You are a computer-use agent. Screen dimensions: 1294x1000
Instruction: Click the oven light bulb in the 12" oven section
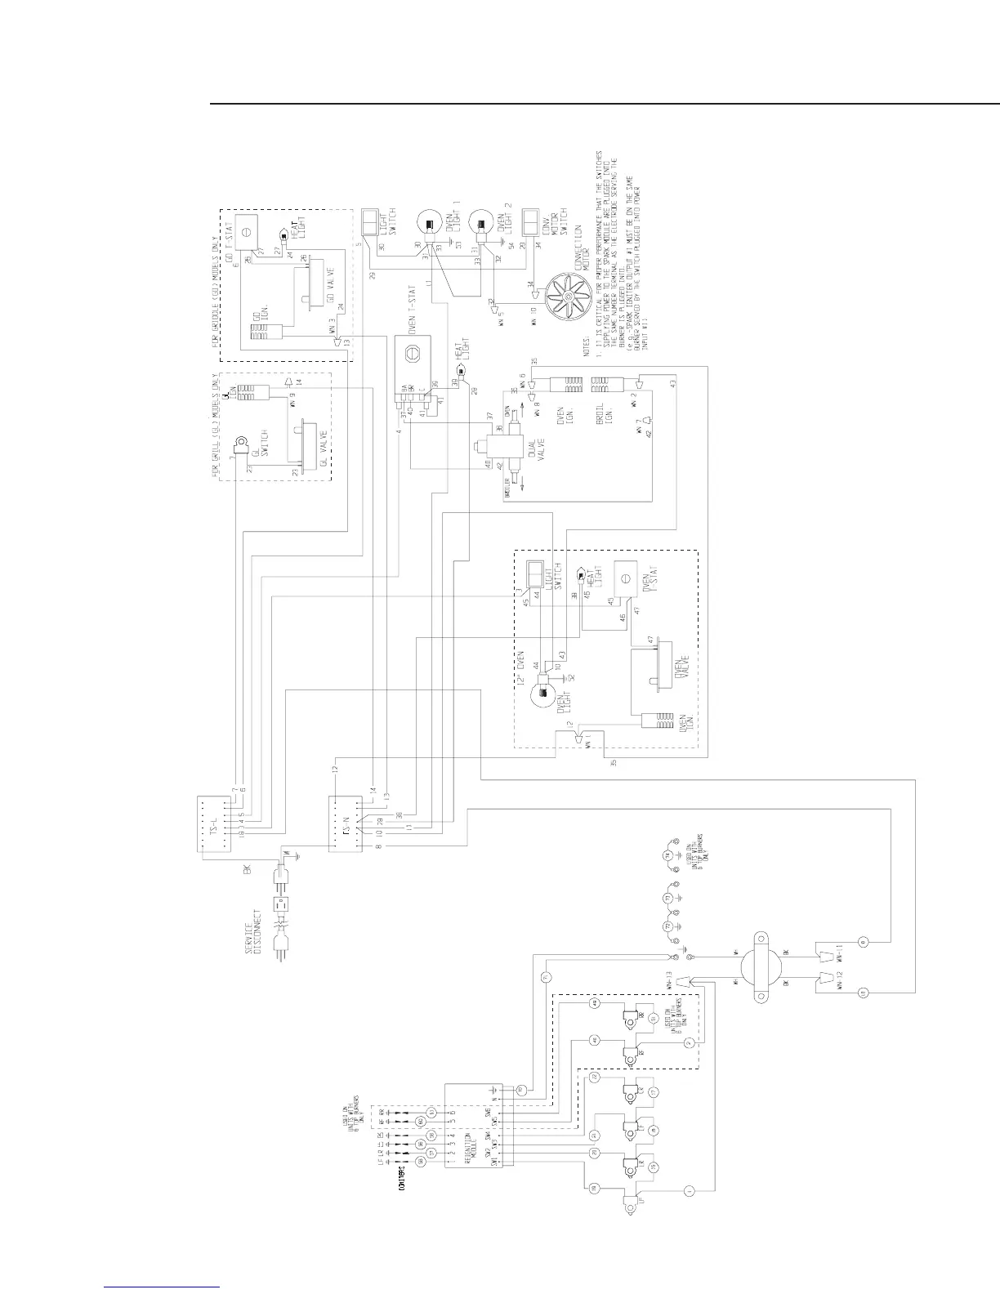click(541, 695)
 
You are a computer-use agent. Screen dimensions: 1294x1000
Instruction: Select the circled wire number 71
click(547, 976)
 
